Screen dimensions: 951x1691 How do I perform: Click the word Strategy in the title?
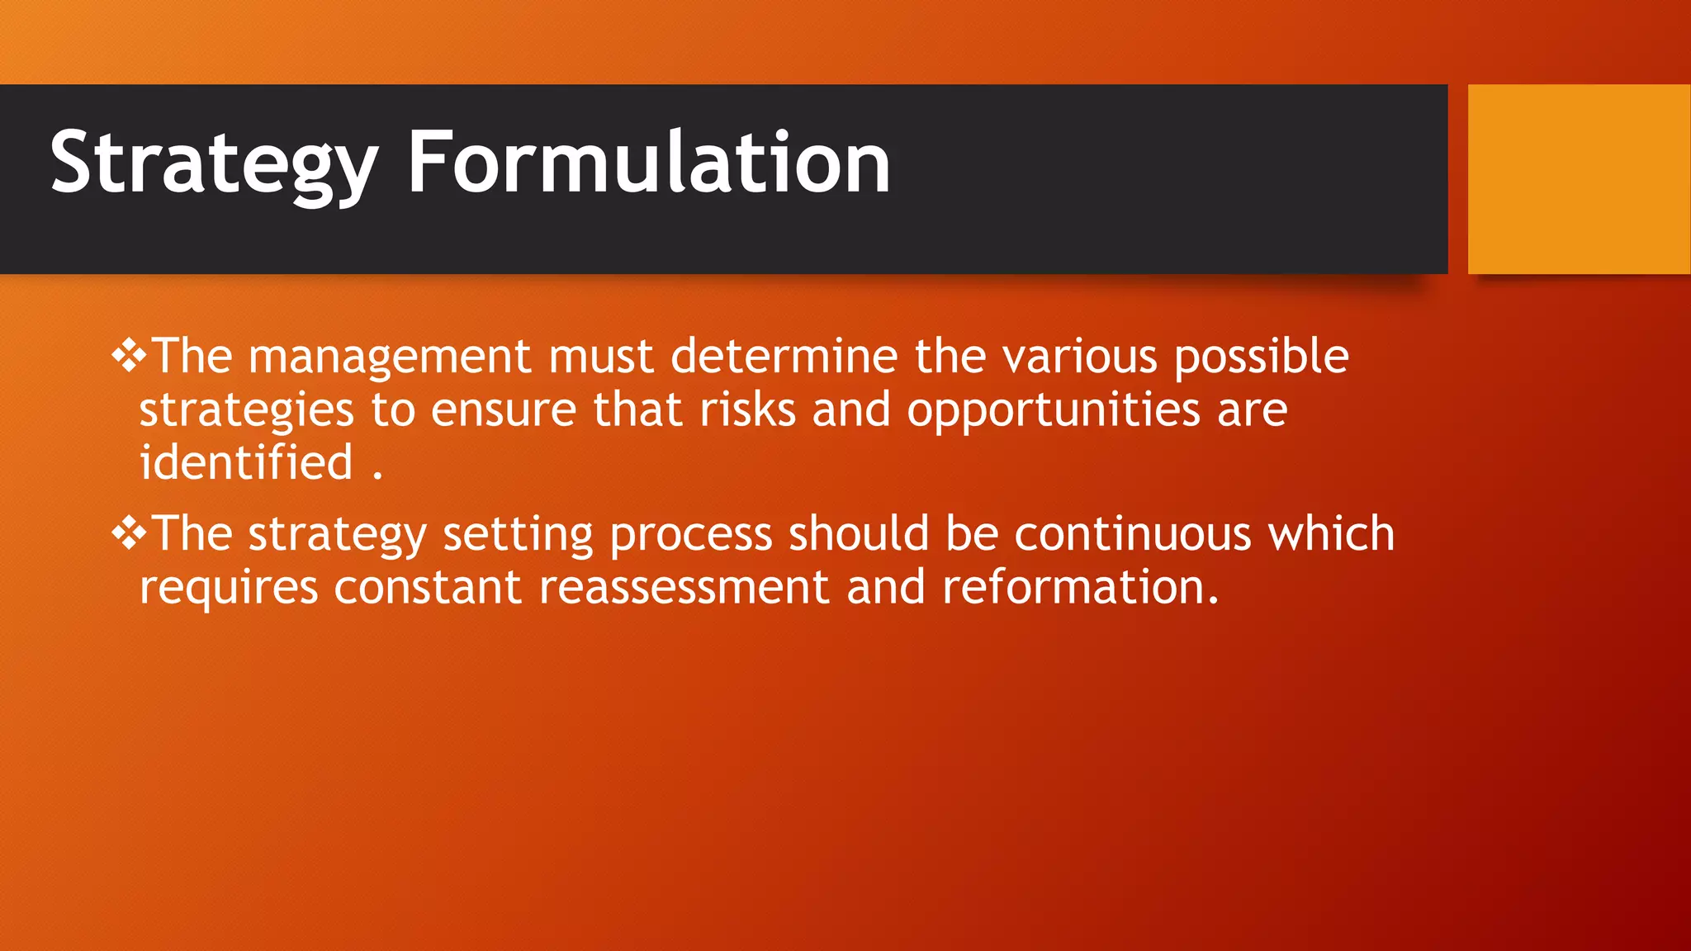(213, 163)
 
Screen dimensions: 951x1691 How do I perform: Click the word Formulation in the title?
(649, 163)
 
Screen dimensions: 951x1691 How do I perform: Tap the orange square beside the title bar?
(1578, 179)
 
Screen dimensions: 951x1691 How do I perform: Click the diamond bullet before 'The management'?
(129, 356)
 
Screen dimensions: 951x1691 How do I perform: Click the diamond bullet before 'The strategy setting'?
(129, 533)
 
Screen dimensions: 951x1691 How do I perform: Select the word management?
(390, 357)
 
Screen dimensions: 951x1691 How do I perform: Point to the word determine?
(784, 357)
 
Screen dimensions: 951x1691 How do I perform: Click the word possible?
(1261, 357)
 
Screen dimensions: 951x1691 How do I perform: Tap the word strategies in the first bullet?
(246, 410)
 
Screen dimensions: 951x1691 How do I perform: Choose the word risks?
(747, 410)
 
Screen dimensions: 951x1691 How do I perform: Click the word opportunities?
(1053, 410)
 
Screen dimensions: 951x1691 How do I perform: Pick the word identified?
(246, 462)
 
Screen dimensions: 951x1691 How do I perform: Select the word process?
(690, 535)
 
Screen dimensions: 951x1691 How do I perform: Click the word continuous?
(1133, 535)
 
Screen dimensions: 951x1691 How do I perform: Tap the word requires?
(229, 589)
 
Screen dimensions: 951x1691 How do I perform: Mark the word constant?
(427, 589)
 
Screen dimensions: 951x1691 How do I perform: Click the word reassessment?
(684, 589)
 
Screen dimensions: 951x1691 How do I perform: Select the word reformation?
(1080, 589)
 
